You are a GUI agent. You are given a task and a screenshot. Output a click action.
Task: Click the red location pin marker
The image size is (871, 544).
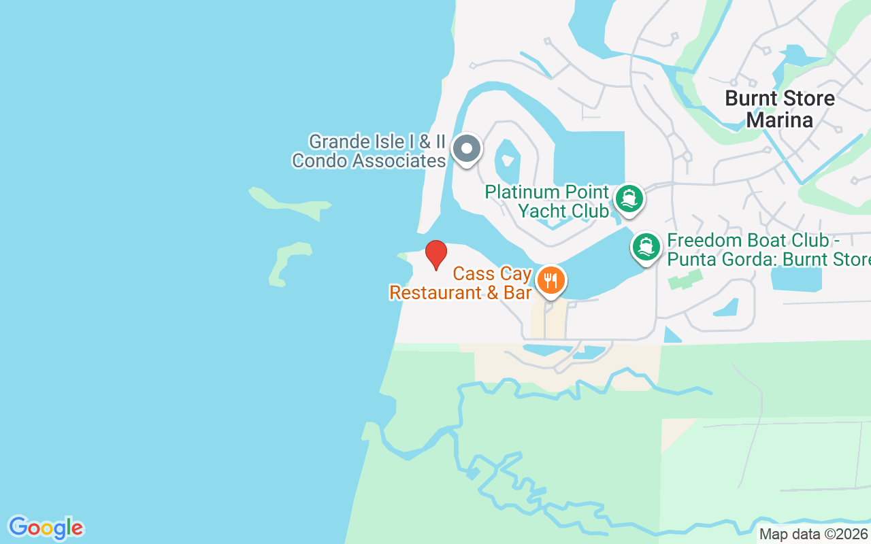tap(436, 254)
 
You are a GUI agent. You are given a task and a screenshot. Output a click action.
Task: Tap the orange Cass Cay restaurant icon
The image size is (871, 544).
tap(550, 280)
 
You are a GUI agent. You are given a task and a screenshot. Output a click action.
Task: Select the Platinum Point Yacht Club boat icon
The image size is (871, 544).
tap(629, 199)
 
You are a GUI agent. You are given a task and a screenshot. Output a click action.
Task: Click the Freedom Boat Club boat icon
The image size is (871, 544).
tap(646, 247)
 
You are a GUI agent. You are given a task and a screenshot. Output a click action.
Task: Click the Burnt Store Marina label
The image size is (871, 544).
tap(780, 109)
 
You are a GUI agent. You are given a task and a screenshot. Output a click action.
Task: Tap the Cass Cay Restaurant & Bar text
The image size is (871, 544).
tap(460, 283)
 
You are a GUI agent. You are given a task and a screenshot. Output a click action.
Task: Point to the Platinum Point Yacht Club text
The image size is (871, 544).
tap(547, 201)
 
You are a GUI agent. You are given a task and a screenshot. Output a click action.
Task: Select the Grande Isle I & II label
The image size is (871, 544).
tap(376, 142)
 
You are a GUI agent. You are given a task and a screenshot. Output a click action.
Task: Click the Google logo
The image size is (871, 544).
tap(46, 528)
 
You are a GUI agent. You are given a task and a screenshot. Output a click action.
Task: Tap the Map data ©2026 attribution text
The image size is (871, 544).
tap(814, 534)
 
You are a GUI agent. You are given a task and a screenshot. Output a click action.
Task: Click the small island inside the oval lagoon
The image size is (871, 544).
tap(507, 161)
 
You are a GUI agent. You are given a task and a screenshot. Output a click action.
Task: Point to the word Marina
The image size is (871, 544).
tap(780, 120)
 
